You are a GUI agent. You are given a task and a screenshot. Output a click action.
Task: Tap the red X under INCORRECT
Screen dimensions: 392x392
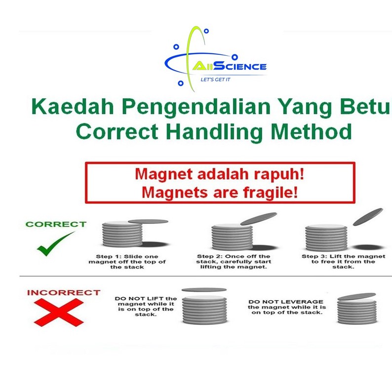[x=59, y=313]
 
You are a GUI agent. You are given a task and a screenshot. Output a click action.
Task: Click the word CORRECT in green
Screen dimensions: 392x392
[x=56, y=224]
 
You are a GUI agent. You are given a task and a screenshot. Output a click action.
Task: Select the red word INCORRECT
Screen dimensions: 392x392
[x=64, y=292]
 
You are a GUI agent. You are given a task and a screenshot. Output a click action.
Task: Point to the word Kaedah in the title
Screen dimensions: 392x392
[x=73, y=106]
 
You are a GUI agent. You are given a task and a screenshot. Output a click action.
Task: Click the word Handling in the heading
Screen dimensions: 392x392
[x=214, y=132]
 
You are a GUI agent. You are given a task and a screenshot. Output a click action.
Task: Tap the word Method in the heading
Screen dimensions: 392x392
[x=311, y=131]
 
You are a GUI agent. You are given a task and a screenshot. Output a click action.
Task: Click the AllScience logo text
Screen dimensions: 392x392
[x=230, y=67]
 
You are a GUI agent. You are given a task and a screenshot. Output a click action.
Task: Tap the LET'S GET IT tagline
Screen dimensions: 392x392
[x=215, y=79]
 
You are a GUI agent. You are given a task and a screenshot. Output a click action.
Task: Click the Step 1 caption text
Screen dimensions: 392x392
[x=127, y=262]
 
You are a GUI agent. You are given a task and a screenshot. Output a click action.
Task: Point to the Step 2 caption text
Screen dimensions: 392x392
[x=234, y=262]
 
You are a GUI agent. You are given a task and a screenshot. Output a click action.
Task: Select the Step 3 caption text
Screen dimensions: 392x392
[x=343, y=262]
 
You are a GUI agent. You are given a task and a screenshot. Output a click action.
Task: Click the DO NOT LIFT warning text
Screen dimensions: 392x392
[x=146, y=307]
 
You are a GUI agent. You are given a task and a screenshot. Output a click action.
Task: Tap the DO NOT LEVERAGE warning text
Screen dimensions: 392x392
[x=287, y=307]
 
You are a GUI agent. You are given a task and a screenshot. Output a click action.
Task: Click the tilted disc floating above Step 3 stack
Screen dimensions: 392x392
[x=368, y=217]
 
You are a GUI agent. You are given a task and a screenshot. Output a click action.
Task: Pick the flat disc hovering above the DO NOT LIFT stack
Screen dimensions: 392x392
[x=204, y=290]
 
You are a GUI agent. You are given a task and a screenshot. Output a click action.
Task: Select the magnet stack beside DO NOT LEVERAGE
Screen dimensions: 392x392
[x=357, y=311]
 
